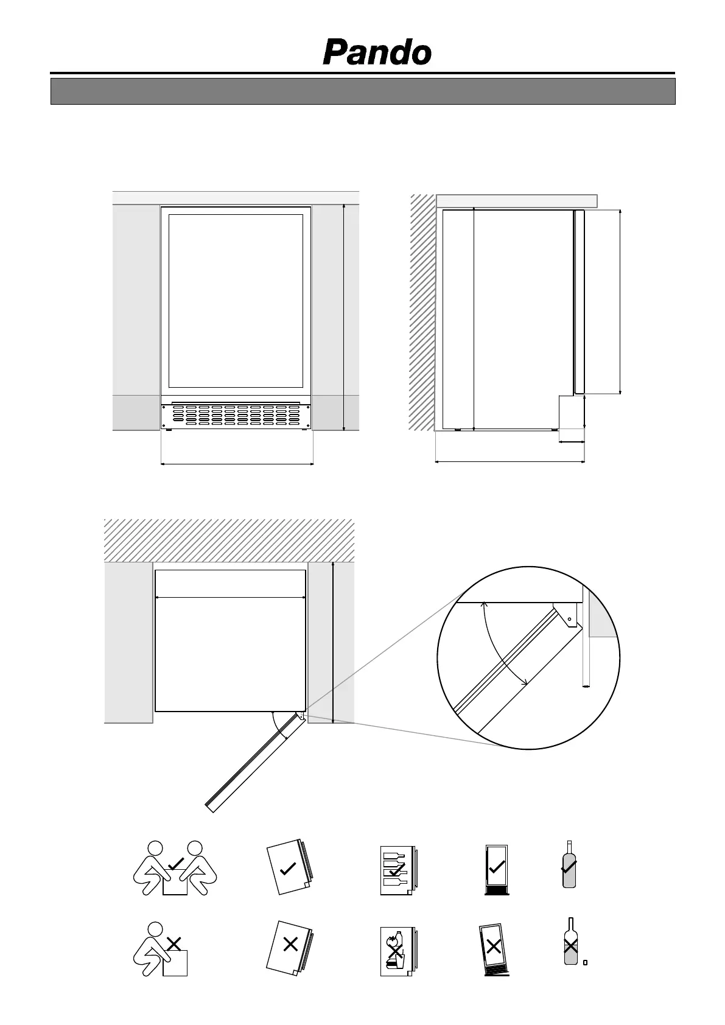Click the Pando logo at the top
click(377, 53)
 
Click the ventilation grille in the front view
click(236, 415)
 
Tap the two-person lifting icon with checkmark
click(175, 868)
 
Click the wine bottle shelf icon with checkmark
click(396, 869)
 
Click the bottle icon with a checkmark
click(569, 865)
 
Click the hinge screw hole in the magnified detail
click(570, 619)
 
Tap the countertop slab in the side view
click(516, 201)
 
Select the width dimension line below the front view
click(237, 464)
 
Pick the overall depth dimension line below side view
click(510, 461)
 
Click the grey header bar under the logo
click(363, 91)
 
